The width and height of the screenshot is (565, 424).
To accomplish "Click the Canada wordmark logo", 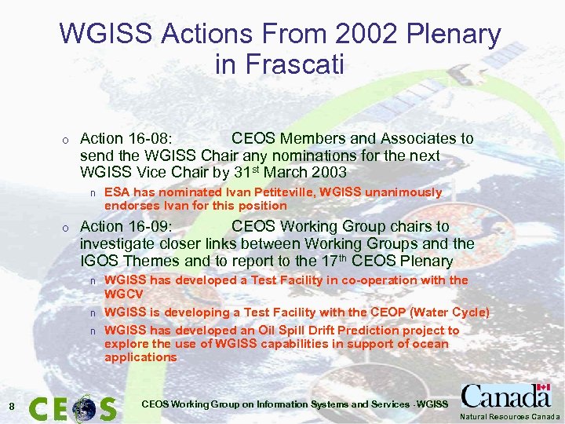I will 506,396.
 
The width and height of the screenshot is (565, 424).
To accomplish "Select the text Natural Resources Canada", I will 510,417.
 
